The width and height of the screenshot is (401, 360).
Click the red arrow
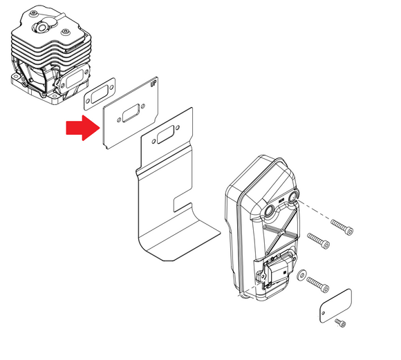82,128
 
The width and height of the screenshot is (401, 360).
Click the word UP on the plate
153,84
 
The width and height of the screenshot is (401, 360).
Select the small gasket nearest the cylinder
100,93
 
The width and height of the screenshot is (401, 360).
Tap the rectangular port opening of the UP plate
131,113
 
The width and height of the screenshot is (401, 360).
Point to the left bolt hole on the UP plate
119,120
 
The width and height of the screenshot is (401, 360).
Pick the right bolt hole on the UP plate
143,106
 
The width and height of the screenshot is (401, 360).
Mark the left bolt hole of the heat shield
153,141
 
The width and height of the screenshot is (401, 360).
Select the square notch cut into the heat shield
183,204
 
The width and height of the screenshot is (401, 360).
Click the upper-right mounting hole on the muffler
293,197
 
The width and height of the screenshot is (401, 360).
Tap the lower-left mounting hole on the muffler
270,211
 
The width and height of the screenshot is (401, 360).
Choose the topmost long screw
342,227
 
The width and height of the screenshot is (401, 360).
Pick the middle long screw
319,240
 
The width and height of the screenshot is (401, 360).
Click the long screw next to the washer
317,285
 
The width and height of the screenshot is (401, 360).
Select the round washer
301,275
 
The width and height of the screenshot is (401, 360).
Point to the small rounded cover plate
335,305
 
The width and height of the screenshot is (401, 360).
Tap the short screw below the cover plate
340,323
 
